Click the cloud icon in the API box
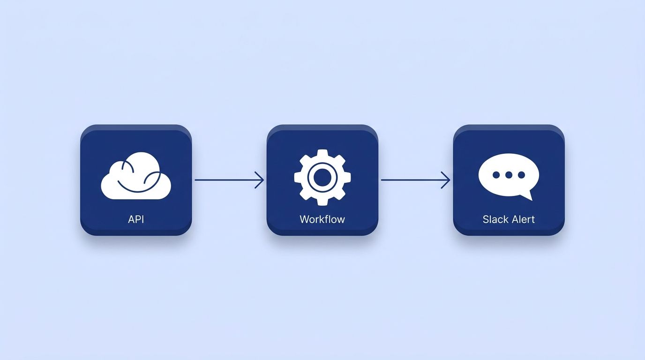(x=136, y=176)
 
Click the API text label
(x=136, y=219)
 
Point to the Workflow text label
(x=322, y=219)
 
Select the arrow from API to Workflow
(x=229, y=180)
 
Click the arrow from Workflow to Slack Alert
(x=415, y=180)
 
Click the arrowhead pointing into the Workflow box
(x=260, y=180)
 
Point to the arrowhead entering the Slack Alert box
(x=446, y=180)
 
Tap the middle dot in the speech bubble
(x=509, y=175)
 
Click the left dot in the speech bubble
(x=496, y=175)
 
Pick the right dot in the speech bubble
(x=521, y=175)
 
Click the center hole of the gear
(x=322, y=177)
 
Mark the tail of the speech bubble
(x=528, y=197)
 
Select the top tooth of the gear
(x=322, y=153)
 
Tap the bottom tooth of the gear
(x=322, y=202)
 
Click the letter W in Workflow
(x=304, y=219)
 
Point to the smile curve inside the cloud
(x=138, y=184)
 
